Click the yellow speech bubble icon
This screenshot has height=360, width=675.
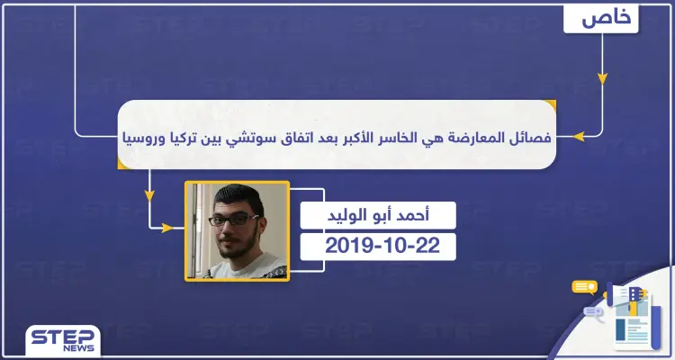[x=585, y=289]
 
